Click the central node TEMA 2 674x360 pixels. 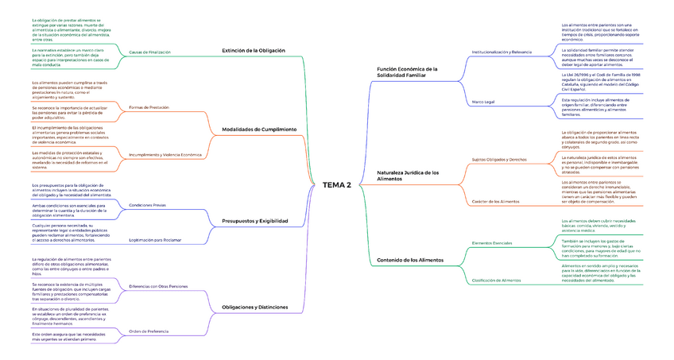pos(337,185)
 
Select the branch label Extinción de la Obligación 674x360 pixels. pos(254,50)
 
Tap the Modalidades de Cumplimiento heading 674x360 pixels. pos(253,129)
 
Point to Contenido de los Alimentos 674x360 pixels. pos(410,260)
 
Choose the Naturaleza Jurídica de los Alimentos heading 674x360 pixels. pos(407,176)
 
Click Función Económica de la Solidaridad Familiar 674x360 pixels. pos(407,72)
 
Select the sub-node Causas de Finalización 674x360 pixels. pos(149,52)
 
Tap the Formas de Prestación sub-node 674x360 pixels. pos(149,106)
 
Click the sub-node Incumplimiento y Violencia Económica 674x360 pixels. pos(165,154)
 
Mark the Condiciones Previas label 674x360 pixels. pos(147,205)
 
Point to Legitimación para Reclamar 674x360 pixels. pos(155,239)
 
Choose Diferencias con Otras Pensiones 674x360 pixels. pos(158,285)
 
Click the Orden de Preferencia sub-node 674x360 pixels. pos(149,331)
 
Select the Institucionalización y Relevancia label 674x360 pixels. pos(502,52)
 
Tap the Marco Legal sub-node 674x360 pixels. pos(483,102)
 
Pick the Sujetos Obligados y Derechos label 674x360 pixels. pos(499,159)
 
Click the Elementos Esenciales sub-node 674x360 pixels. pos(492,242)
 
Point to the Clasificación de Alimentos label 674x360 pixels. pos(497,280)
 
